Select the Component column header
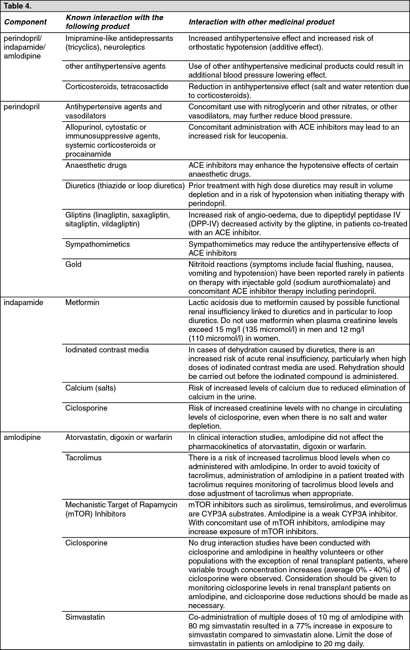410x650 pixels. tap(25, 22)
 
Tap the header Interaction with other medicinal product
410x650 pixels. tap(261, 22)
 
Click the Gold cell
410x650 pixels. tap(73, 264)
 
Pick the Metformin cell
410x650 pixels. tap(82, 302)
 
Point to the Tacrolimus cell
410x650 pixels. tap(83, 458)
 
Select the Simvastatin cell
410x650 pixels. tap(85, 617)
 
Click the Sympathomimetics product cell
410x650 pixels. tap(98, 244)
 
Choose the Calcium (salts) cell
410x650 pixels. tap(91, 388)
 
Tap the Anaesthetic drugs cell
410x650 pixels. tap(96, 165)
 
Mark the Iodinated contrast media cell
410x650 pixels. tap(107, 350)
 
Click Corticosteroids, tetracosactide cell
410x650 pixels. tap(117, 86)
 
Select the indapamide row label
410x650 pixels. tap(23, 302)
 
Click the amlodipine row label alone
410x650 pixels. tap(22, 437)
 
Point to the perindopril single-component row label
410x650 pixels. tap(21, 107)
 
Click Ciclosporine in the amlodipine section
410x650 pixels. tap(86, 543)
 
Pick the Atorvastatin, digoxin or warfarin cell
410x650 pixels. tap(118, 437)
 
